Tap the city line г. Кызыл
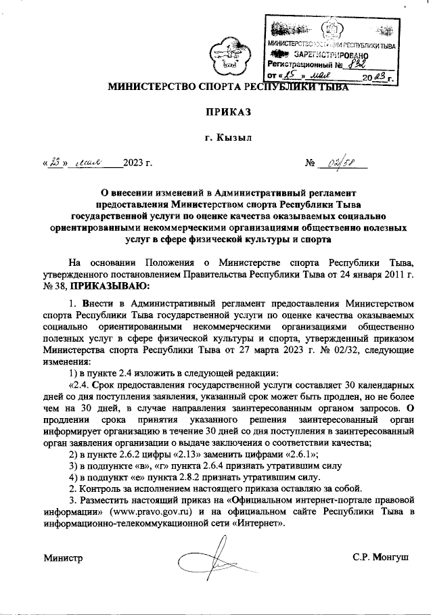[228, 137]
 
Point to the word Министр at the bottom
[63, 559]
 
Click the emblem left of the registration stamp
[227, 55]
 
